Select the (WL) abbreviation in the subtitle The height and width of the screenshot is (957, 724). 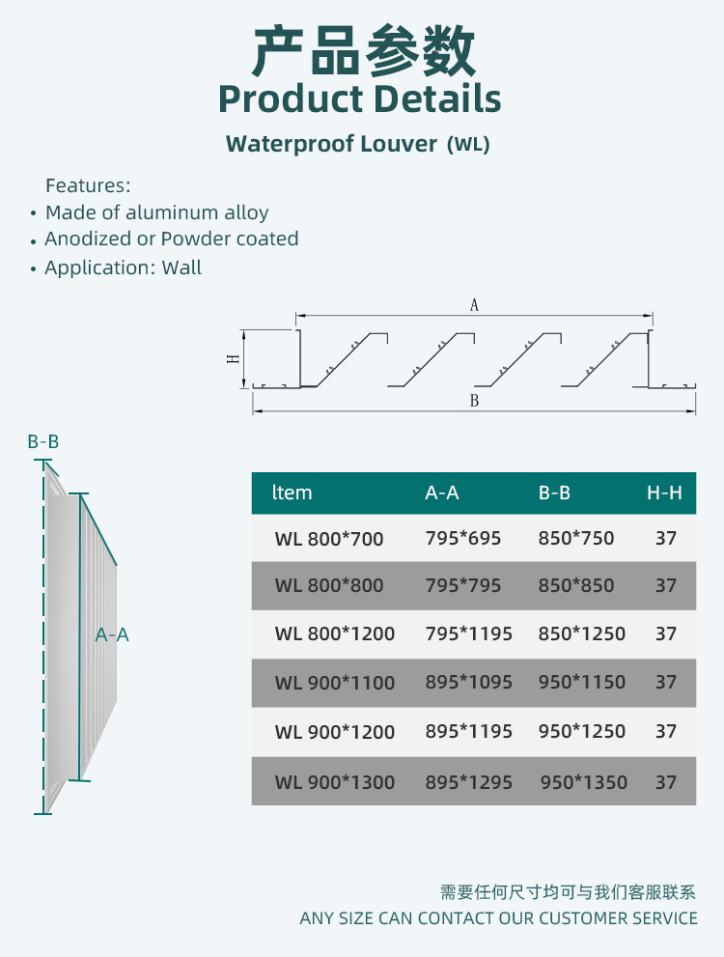coord(468,145)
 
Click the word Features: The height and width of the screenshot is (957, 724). coord(88,185)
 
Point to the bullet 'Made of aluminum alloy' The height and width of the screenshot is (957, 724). coord(157,212)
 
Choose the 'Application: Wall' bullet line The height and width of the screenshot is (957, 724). coord(124,267)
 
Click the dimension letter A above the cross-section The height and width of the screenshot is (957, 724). coord(474,305)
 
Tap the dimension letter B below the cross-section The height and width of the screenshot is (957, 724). coord(474,401)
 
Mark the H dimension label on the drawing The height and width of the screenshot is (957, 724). coord(233,358)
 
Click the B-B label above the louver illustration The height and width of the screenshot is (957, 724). coord(43,442)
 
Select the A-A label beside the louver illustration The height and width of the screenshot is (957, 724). coord(112,634)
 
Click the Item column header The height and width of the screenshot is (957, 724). coord(292,493)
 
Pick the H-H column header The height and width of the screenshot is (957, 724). coord(664,493)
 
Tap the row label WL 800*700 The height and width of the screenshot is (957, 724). coord(329,539)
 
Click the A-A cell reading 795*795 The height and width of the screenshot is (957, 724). coord(463,585)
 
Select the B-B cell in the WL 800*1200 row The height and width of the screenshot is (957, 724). coord(582,634)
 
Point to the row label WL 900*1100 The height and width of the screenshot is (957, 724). coord(335,683)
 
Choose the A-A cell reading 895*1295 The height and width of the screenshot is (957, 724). coord(469,782)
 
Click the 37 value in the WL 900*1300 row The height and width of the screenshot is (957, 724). coord(666,782)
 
